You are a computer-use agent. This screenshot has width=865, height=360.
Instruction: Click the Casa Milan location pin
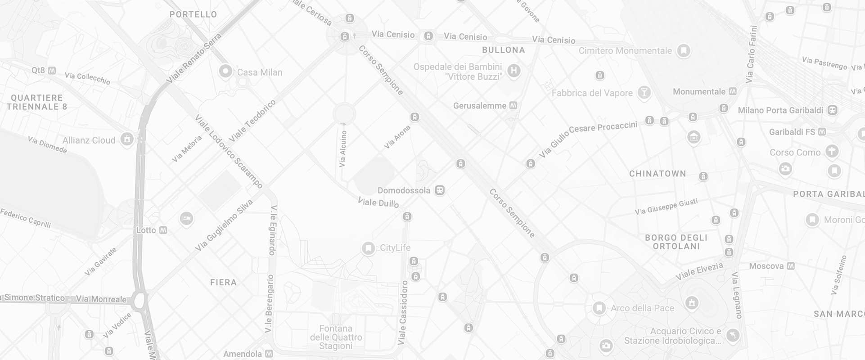(225, 71)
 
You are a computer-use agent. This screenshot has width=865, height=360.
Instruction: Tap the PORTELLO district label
(193, 14)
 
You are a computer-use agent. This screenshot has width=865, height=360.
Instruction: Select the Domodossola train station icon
(440, 190)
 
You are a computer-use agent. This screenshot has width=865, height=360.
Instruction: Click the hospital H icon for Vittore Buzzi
(514, 71)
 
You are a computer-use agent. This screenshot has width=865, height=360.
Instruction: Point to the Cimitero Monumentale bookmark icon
(684, 50)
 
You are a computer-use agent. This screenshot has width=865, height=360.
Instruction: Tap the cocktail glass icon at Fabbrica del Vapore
(644, 93)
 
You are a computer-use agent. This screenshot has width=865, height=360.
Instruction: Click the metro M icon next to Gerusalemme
(513, 106)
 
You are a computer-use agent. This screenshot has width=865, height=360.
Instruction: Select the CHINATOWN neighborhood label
(658, 174)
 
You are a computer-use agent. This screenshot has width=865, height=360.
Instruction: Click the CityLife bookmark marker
(368, 248)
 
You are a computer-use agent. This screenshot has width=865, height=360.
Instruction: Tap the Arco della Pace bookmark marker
(599, 308)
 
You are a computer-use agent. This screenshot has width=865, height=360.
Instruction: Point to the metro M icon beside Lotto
(163, 230)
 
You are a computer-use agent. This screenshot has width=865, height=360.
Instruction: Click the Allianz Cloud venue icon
(127, 139)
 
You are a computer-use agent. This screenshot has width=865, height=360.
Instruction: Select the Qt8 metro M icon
(52, 70)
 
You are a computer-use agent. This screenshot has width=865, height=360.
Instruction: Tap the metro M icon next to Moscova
(790, 266)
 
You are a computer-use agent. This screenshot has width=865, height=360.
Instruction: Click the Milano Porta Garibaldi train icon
(833, 110)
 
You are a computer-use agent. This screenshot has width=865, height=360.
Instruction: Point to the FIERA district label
(223, 283)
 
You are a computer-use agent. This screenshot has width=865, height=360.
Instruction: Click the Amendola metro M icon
(269, 354)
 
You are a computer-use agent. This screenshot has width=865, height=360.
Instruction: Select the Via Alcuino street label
(343, 148)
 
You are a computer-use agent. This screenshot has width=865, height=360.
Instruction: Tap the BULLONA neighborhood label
(504, 50)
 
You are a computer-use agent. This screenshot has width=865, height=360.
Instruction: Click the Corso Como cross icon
(832, 151)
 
